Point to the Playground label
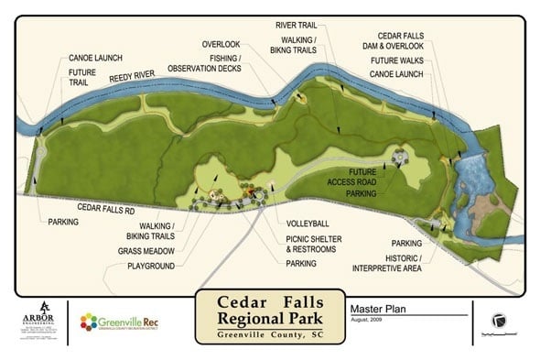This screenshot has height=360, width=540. [x=151, y=266]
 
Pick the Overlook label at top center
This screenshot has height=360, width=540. [x=220, y=43]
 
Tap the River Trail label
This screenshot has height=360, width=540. [x=296, y=25]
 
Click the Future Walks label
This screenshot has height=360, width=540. [x=396, y=60]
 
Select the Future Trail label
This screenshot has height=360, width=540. [x=82, y=74]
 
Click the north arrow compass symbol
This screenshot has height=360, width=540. [x=499, y=320]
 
